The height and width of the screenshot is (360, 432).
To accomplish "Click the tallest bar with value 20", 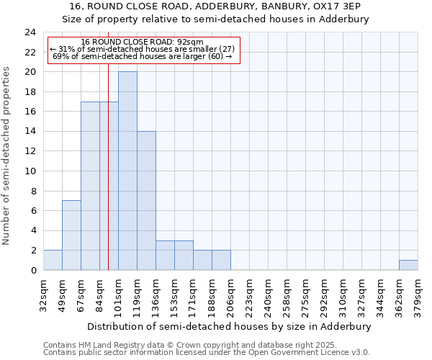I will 127,171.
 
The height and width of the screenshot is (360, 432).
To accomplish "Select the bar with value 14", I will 146,201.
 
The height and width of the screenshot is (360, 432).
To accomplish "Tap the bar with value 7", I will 71,235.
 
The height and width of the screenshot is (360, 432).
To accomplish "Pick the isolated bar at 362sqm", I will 408,265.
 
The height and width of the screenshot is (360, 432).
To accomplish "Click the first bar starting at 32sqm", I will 53,260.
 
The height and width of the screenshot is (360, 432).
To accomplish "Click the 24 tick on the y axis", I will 30,32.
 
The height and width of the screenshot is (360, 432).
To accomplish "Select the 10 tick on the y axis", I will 30,171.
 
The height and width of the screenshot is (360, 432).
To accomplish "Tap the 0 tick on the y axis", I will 33,271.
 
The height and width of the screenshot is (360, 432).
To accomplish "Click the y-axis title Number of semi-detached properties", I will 7,156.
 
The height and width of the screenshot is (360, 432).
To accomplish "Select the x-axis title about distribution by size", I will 230,326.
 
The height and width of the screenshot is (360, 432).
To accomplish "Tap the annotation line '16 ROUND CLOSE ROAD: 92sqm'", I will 143,42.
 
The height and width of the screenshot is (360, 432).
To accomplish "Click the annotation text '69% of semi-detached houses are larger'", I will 143,56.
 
